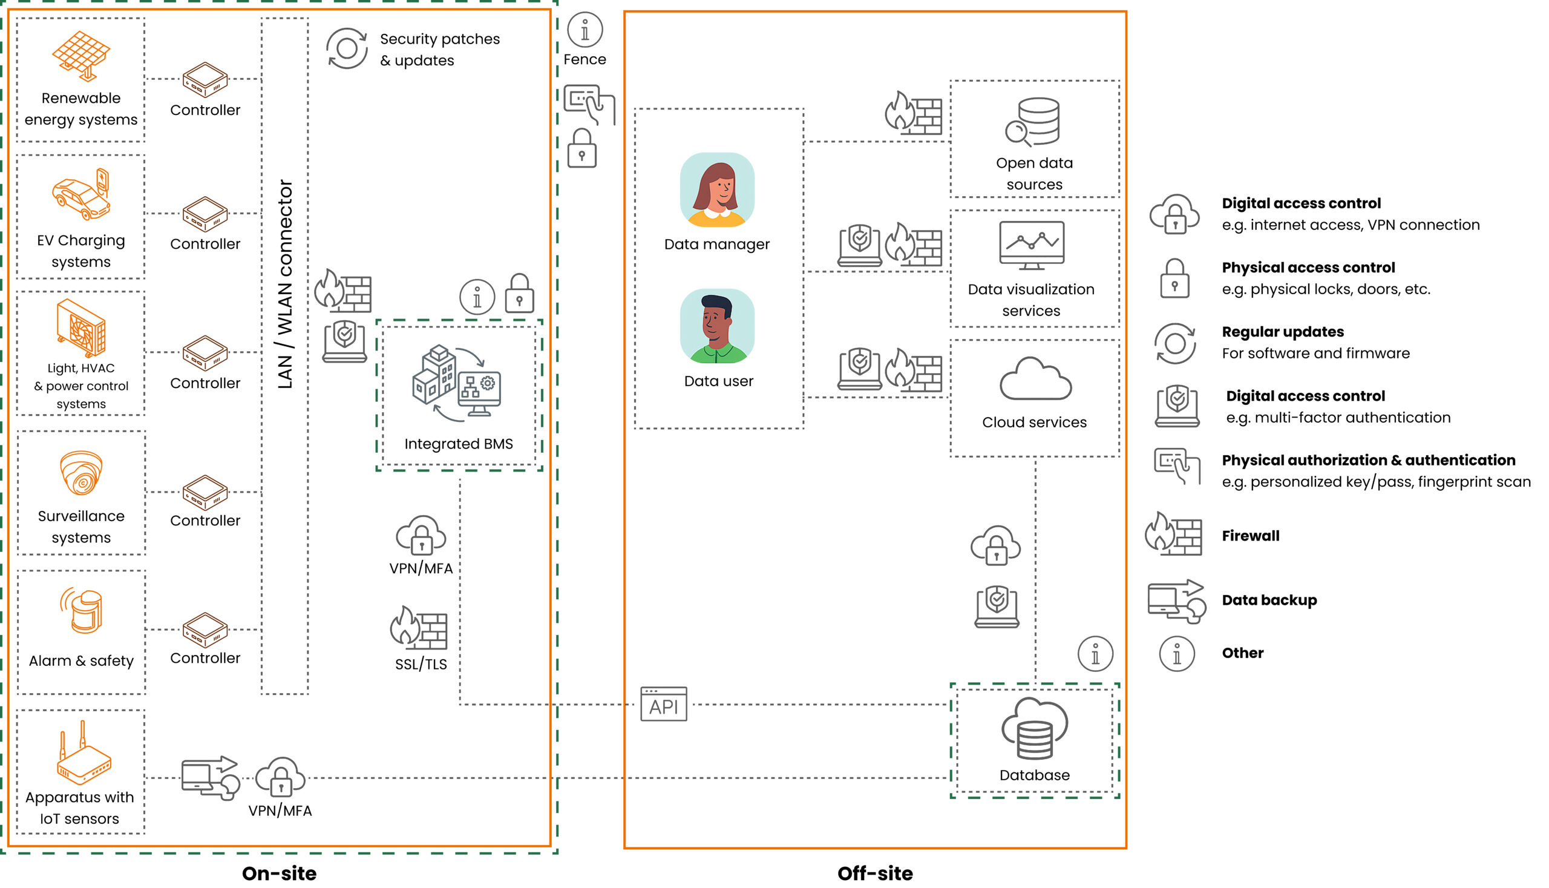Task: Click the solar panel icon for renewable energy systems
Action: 81,55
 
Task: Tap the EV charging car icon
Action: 81,194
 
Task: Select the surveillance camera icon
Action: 81,473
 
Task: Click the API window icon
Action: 663,705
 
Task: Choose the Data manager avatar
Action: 717,189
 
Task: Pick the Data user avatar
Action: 717,326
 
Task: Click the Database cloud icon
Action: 1034,729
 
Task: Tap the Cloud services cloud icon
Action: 1035,380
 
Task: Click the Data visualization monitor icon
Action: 1032,245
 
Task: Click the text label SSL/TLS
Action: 421,664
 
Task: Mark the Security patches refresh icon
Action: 346,48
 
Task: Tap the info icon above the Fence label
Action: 585,30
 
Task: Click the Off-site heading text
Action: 875,873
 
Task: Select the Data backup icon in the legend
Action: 1176,601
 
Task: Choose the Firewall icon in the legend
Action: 1173,534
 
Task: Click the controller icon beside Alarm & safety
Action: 206,630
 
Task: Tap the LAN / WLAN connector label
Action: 284,284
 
